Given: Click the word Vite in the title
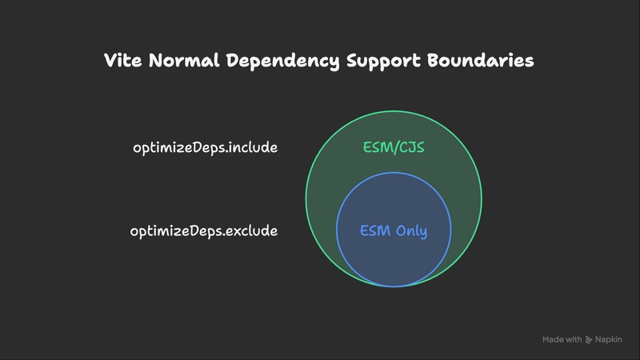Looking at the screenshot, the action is (122, 61).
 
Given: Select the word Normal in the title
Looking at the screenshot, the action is (184, 61).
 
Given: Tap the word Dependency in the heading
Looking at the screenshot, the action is (283, 62).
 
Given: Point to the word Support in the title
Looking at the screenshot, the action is (383, 62).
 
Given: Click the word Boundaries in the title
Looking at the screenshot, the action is (481, 61).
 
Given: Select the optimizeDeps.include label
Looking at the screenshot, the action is (206, 147).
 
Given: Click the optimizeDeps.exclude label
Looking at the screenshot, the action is (204, 231).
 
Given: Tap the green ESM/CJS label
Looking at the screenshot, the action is (394, 147).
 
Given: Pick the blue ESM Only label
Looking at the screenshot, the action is (394, 231).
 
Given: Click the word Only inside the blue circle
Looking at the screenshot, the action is (411, 231).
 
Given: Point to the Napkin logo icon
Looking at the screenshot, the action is (589, 339).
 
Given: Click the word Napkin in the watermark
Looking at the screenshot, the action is (608, 339).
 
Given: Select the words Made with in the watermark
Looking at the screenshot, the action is (562, 339).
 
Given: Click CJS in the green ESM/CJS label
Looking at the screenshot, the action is (411, 147).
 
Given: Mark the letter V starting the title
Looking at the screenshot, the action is (110, 61).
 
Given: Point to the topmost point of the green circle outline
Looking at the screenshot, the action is (394, 110).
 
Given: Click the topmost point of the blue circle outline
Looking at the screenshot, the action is (394, 173).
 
